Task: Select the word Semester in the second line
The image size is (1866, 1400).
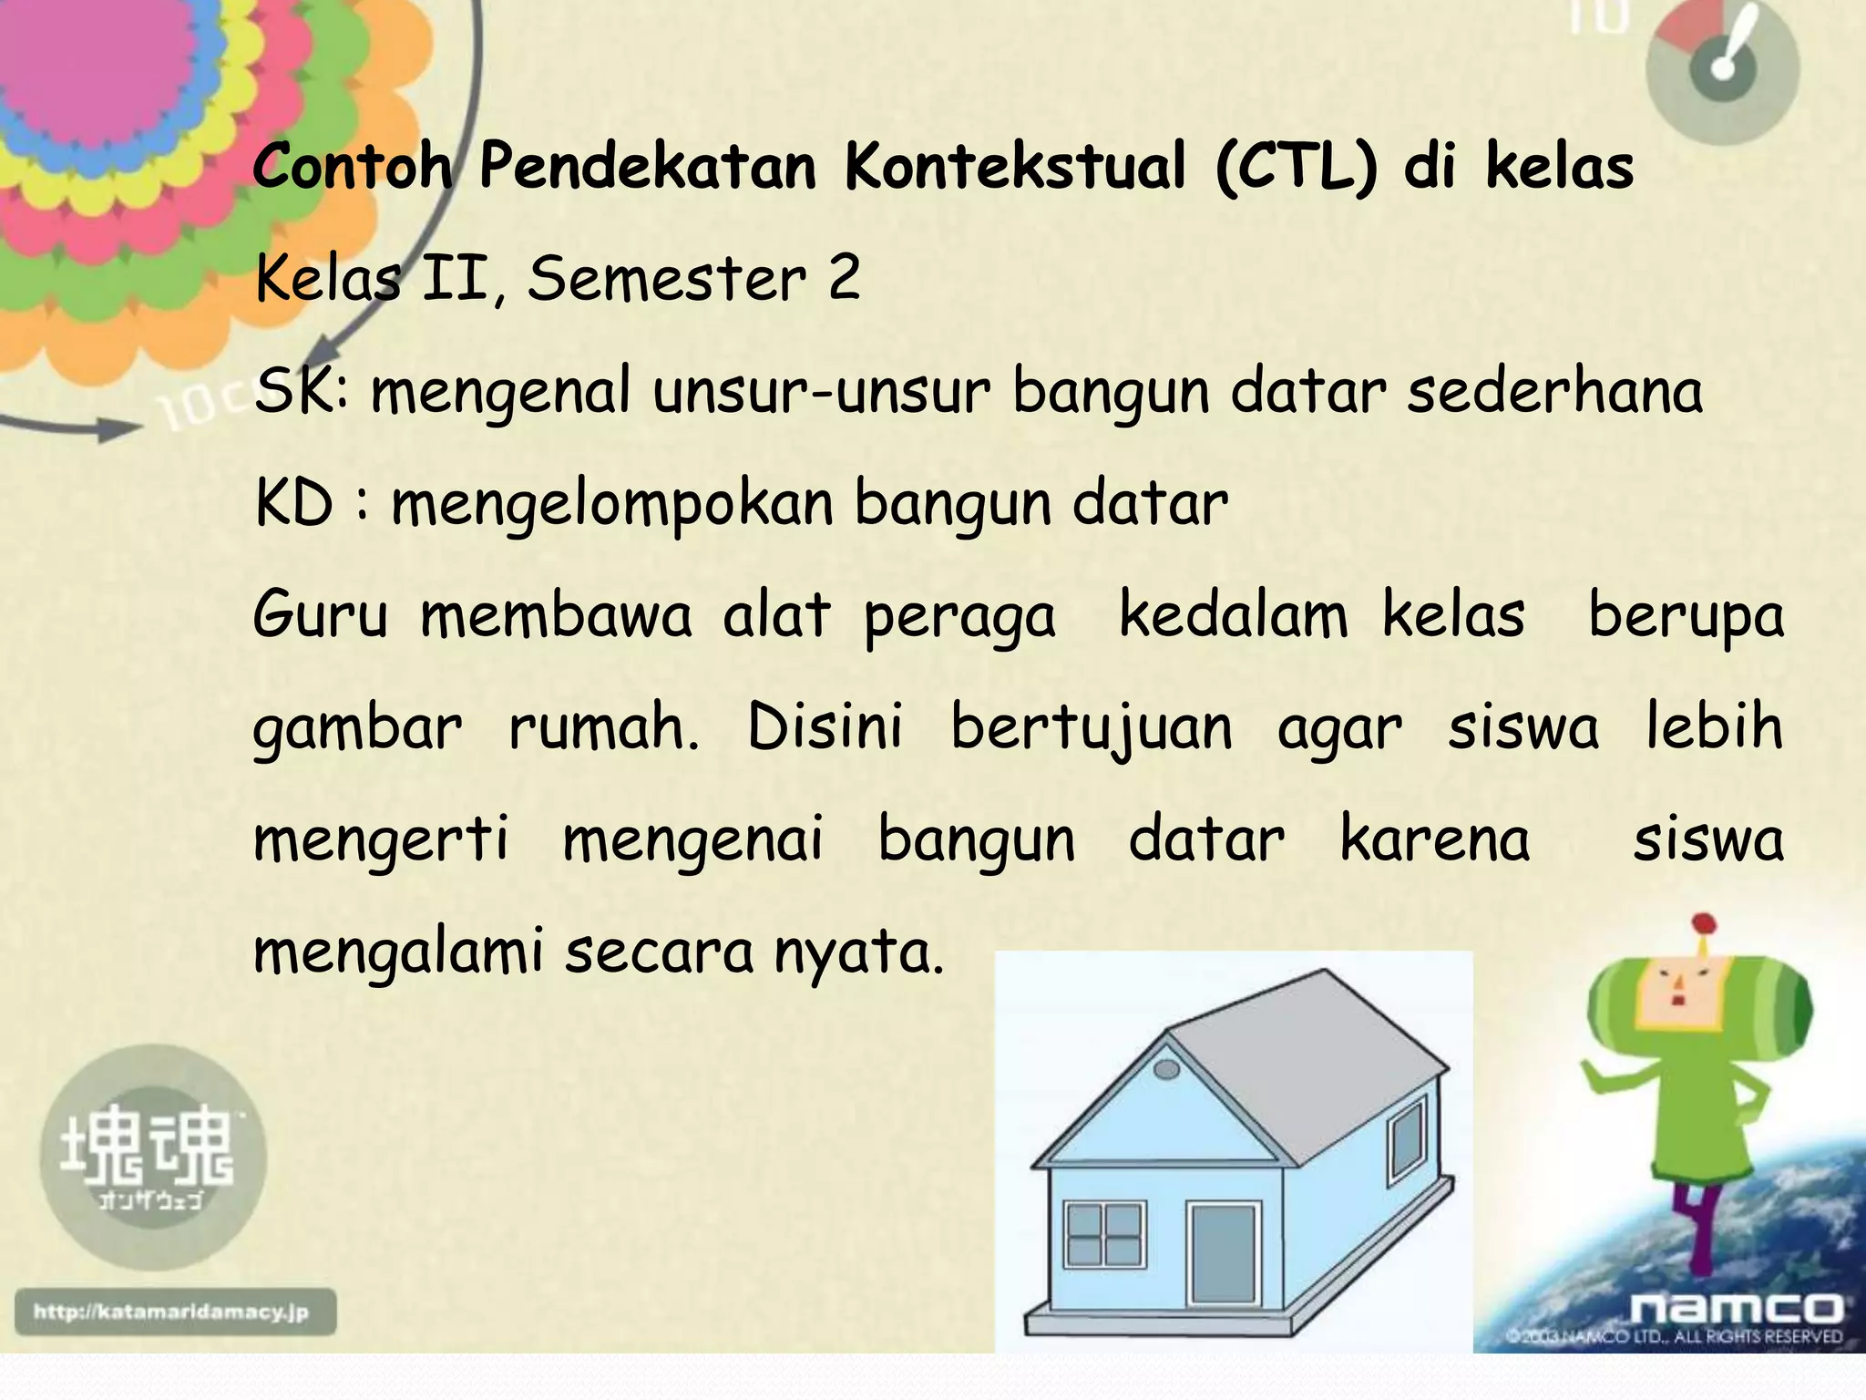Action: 666,279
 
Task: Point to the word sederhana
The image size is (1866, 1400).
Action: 1554,391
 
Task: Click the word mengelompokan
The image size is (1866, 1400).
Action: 611,505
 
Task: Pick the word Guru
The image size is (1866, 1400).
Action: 321,615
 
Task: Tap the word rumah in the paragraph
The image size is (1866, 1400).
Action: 603,728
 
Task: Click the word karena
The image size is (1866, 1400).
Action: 1435,839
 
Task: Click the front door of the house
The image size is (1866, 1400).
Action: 1224,1255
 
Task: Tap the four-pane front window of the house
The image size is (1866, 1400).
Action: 1104,1235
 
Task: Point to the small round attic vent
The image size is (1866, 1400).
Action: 1165,1069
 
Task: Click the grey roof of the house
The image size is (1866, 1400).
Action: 1312,1066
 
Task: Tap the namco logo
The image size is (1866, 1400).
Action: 1736,1309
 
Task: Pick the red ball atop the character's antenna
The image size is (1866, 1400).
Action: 1703,924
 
